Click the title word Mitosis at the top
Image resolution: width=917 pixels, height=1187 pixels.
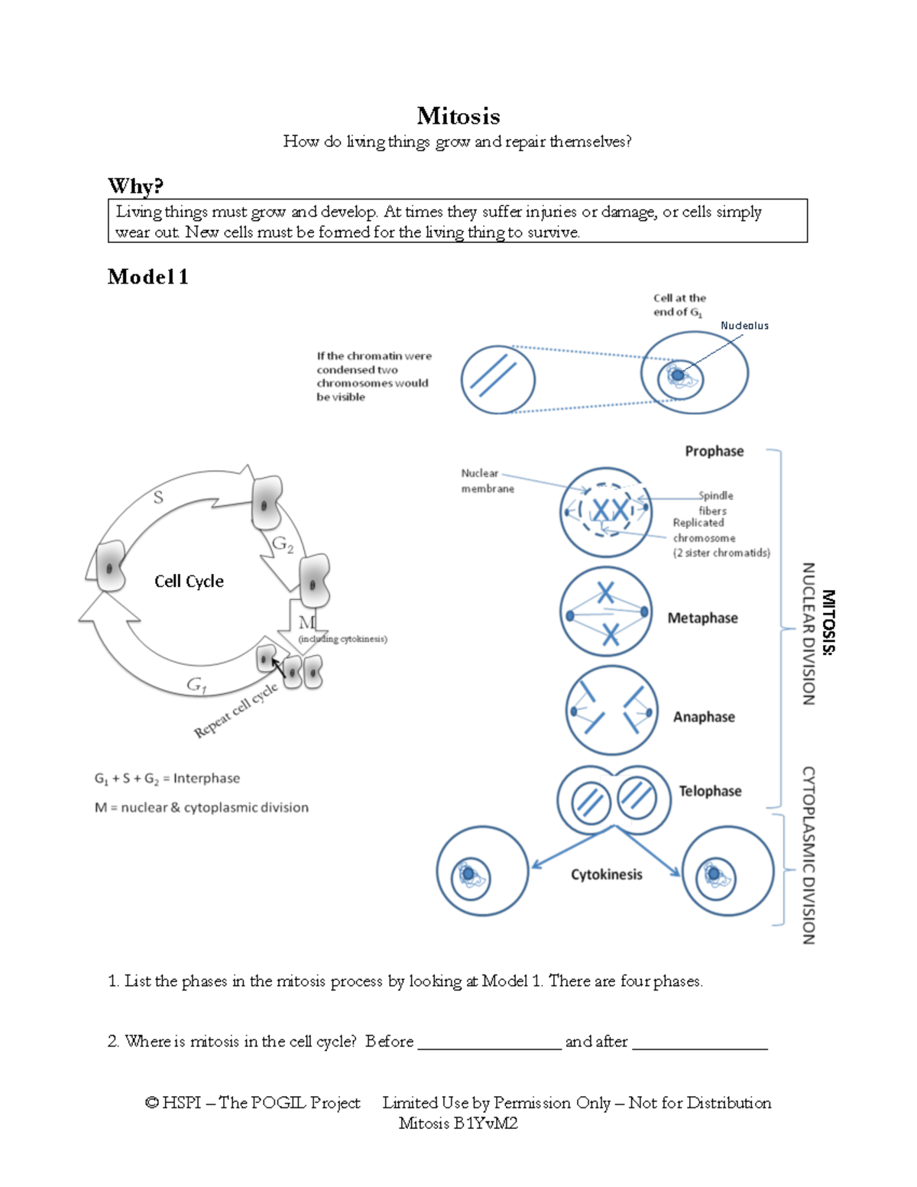(x=458, y=116)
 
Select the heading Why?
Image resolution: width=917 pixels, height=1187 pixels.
(x=135, y=186)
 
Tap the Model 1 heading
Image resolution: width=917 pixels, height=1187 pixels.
(x=147, y=277)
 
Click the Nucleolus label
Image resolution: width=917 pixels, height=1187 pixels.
(x=744, y=326)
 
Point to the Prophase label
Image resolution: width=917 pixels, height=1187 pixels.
(x=714, y=451)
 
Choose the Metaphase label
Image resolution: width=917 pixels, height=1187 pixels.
(x=702, y=618)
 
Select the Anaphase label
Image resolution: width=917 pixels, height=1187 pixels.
(x=704, y=717)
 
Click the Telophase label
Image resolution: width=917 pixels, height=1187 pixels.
(x=710, y=791)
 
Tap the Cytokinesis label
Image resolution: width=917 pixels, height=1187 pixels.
(x=607, y=874)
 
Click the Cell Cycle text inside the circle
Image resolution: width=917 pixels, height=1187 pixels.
(x=189, y=581)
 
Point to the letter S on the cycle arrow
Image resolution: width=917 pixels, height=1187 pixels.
(x=158, y=498)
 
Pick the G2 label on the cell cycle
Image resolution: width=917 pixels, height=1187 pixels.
(x=283, y=544)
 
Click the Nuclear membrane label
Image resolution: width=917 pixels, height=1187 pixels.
(x=487, y=481)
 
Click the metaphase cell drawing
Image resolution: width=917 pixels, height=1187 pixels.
(x=606, y=611)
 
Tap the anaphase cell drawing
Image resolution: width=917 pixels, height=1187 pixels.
(x=611, y=711)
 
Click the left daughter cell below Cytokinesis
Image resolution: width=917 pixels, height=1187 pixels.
(x=482, y=871)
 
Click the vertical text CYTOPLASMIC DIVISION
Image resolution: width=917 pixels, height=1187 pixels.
(x=808, y=855)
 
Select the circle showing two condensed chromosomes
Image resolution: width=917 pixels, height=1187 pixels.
(x=497, y=380)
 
